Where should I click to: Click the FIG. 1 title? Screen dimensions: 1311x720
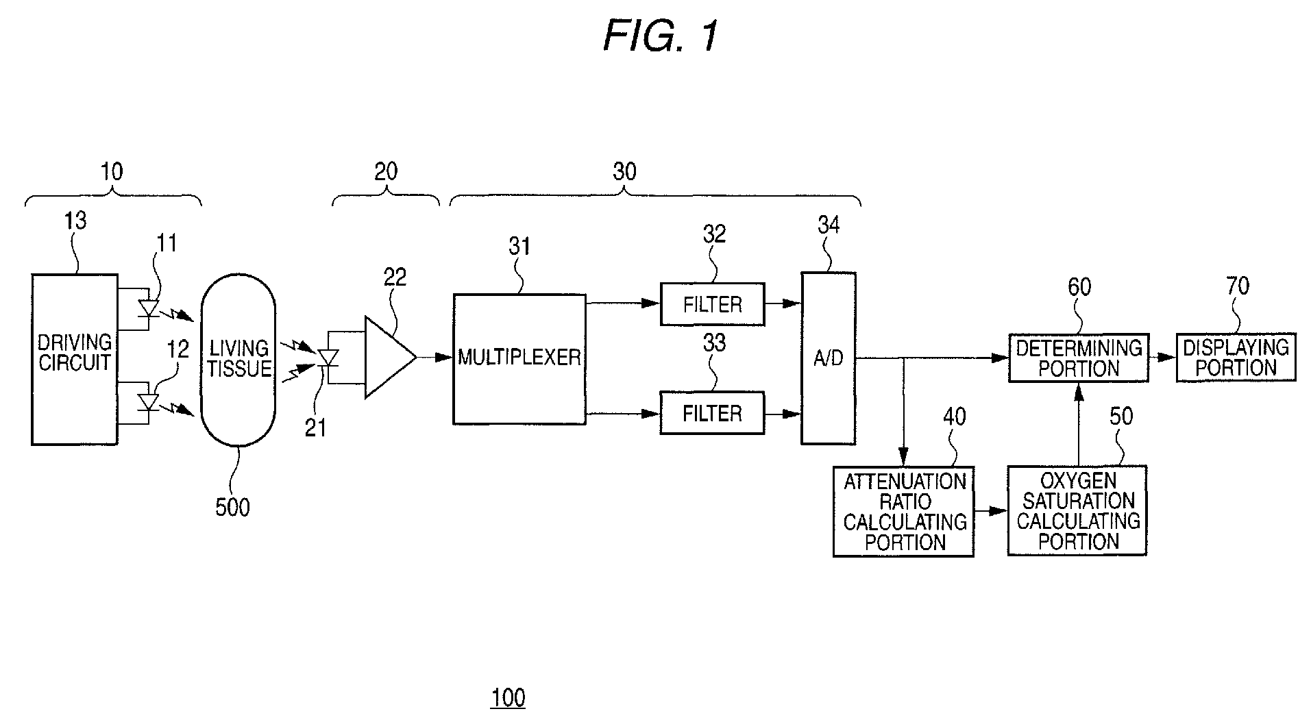pos(661,36)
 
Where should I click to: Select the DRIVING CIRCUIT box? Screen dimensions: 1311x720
pos(75,360)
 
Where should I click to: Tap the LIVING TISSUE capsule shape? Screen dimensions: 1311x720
pos(238,360)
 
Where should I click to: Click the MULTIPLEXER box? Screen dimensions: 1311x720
pos(519,360)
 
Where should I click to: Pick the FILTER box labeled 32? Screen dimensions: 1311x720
pos(712,303)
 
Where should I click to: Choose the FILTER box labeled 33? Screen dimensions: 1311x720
pos(712,412)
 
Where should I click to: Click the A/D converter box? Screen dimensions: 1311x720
pos(829,358)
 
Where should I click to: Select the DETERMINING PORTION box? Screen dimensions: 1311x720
pos(1079,358)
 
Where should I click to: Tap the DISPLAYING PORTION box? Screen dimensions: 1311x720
pos(1236,358)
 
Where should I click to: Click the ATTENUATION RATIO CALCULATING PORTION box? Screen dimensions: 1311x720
pos(904,511)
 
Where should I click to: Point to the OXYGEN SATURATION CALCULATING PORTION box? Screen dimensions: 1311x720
pos(1077,510)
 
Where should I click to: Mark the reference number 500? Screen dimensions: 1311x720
pos(232,508)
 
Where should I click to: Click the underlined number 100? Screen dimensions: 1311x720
pos(508,698)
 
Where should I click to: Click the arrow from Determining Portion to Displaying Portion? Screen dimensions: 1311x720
pos(1163,358)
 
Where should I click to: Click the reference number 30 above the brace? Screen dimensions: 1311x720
pos(624,171)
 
